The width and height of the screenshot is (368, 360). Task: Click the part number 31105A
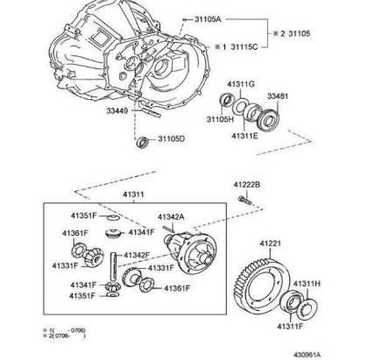[206, 18]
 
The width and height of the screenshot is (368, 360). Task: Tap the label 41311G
[239, 83]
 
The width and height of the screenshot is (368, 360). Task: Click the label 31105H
[220, 119]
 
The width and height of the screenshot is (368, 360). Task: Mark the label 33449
[119, 110]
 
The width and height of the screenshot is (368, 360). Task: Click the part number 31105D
[173, 139]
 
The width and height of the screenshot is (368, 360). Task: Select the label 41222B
[248, 185]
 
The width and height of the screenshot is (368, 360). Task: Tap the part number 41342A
[171, 216]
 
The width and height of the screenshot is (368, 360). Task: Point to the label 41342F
[137, 255]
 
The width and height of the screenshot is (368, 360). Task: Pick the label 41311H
[307, 284]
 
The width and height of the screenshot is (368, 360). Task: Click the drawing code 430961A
[338, 352]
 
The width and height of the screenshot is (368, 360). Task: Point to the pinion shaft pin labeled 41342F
[116, 260]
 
